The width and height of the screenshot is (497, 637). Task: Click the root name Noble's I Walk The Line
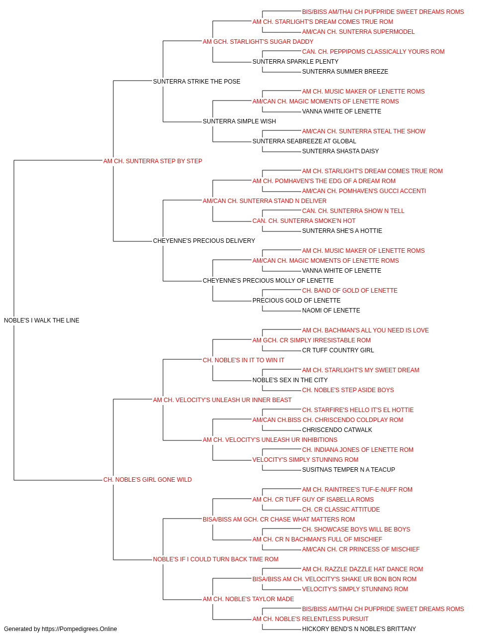(x=42, y=320)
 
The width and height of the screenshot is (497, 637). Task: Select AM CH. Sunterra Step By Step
(x=153, y=161)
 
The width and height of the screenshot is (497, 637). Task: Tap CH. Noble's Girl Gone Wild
(x=147, y=480)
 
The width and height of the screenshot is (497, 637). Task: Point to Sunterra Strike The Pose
(x=196, y=82)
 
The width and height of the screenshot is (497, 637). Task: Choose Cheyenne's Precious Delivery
(x=204, y=241)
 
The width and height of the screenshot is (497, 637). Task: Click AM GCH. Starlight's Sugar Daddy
(x=258, y=42)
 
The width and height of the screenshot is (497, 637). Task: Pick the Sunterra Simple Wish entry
(x=239, y=121)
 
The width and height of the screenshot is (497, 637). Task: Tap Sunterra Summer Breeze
(x=345, y=72)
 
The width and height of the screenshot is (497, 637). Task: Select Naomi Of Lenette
(x=331, y=311)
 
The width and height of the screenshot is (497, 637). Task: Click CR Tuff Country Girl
(x=338, y=350)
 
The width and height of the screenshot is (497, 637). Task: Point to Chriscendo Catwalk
(x=337, y=430)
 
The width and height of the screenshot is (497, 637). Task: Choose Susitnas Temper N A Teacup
(x=348, y=470)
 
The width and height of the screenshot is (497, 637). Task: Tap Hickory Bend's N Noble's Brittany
(x=359, y=629)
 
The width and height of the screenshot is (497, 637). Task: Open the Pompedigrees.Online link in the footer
(x=79, y=629)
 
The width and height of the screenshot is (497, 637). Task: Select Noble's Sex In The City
(x=290, y=380)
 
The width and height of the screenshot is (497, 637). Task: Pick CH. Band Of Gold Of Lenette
(x=349, y=291)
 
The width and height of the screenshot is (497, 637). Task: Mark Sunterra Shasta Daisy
(x=340, y=151)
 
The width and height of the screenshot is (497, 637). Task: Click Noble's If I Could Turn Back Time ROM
(x=215, y=559)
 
